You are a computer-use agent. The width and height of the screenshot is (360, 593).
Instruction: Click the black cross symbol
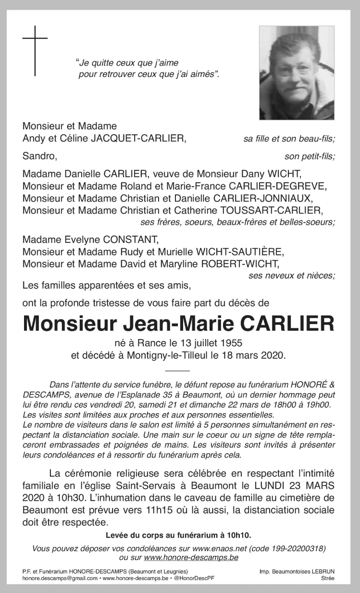35,50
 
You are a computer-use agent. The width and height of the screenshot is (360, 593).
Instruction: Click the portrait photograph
297,73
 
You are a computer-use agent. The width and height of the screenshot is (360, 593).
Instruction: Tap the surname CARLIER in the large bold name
287,323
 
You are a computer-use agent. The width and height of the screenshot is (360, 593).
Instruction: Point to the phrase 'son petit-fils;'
310,156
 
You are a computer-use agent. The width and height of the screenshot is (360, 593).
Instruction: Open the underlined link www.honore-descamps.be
191,557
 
